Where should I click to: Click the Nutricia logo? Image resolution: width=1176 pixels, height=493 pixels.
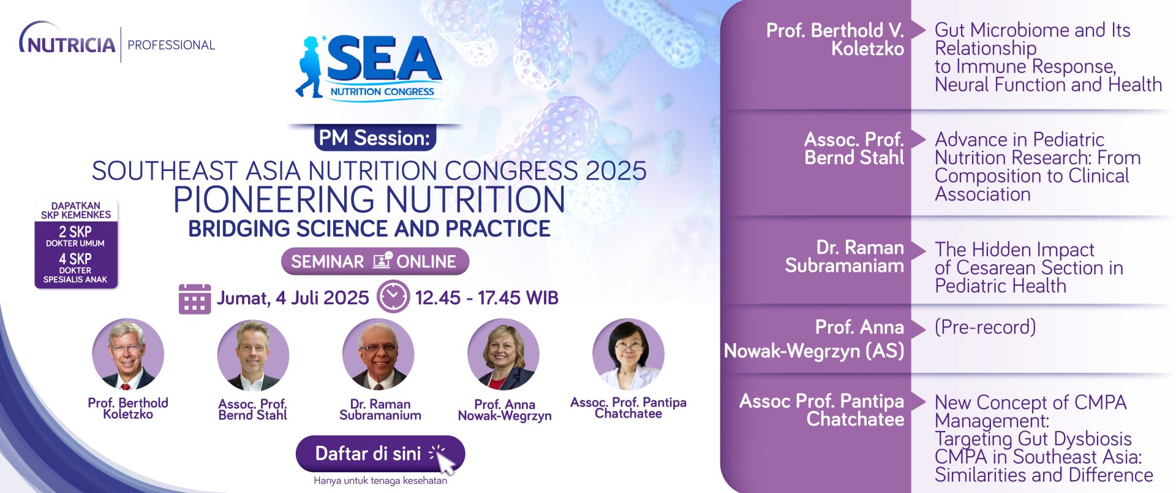pyautogui.click(x=67, y=40)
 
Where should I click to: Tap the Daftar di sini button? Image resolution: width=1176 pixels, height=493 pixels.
pyautogui.click(x=380, y=454)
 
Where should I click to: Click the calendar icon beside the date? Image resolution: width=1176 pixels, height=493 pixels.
pyautogui.click(x=195, y=299)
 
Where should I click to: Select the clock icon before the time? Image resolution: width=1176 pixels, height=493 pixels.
pyautogui.click(x=393, y=297)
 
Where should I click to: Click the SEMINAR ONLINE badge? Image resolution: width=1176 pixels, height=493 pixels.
pyautogui.click(x=375, y=262)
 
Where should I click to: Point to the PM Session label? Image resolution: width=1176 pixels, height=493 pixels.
pyautogui.click(x=375, y=138)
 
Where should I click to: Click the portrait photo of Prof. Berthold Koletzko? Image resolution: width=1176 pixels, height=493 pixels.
pyautogui.click(x=128, y=354)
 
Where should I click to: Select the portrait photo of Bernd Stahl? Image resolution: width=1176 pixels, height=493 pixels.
pyautogui.click(x=253, y=356)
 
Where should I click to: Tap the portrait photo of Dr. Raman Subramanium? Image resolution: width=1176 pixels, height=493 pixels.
pyautogui.click(x=378, y=354)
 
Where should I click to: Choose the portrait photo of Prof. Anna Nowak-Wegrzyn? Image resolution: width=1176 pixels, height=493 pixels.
pyautogui.click(x=503, y=354)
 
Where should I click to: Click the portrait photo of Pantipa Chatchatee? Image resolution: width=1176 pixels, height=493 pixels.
pyautogui.click(x=628, y=354)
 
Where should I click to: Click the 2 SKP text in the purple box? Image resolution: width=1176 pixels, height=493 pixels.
pyautogui.click(x=75, y=232)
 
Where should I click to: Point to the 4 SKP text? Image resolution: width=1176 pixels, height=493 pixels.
pyautogui.click(x=75, y=259)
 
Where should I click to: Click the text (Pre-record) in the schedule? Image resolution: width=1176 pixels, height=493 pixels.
pyautogui.click(x=985, y=327)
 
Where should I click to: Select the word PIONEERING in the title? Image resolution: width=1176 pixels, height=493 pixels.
pyautogui.click(x=274, y=199)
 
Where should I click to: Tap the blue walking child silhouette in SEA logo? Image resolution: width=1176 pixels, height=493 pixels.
pyautogui.click(x=311, y=67)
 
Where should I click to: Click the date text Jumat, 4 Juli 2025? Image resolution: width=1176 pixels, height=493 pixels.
pyautogui.click(x=293, y=298)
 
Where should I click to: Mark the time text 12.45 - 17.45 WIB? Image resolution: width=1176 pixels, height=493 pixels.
pyautogui.click(x=487, y=298)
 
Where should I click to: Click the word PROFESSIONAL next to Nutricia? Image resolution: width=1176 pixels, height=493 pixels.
pyautogui.click(x=171, y=45)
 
